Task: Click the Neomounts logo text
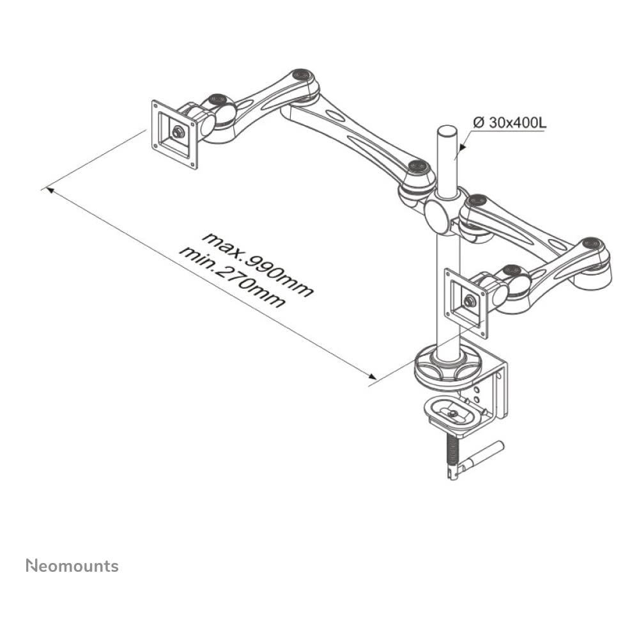(x=72, y=566)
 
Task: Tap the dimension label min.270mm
(x=231, y=277)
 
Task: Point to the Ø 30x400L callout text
(x=509, y=122)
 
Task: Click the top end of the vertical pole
(x=446, y=130)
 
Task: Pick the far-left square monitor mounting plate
(x=174, y=134)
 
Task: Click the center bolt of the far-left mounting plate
(x=178, y=133)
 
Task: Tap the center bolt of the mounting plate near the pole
(x=470, y=301)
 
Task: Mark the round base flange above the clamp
(x=447, y=369)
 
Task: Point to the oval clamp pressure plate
(x=452, y=414)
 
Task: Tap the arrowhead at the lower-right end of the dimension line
(x=372, y=379)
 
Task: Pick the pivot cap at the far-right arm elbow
(x=592, y=243)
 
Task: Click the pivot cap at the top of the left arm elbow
(x=302, y=75)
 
